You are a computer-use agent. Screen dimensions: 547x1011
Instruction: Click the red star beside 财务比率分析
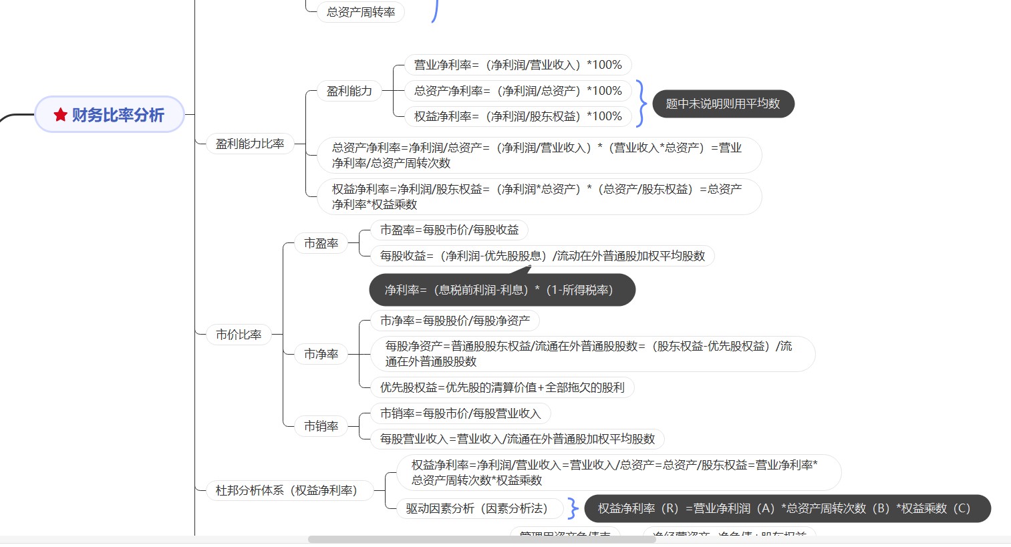(x=61, y=115)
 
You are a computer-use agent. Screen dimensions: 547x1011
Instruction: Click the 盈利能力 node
(x=349, y=91)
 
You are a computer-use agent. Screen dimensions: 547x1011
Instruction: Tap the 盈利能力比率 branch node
(x=250, y=144)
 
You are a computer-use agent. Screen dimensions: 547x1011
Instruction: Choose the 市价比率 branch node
(x=239, y=335)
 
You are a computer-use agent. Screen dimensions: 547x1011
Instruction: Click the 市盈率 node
(x=321, y=243)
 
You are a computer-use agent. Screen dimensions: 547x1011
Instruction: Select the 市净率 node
(x=321, y=354)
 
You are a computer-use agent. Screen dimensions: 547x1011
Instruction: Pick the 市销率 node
(x=321, y=426)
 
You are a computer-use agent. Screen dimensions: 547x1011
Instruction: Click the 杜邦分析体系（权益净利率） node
(x=287, y=490)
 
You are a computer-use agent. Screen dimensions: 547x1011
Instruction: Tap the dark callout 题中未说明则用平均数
(x=723, y=104)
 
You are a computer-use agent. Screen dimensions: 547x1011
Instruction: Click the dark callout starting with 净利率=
(x=502, y=290)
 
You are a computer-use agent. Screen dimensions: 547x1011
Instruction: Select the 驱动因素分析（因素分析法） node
(x=476, y=508)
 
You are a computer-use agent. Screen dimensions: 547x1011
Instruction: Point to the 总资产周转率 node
(x=361, y=12)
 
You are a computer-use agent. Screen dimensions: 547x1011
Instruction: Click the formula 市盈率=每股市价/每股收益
(x=449, y=230)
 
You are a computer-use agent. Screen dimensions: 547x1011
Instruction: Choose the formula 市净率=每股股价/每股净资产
(x=455, y=321)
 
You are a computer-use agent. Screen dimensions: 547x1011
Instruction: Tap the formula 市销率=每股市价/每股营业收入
(x=460, y=413)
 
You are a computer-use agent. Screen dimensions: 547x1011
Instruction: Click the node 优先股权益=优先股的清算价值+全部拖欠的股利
(x=502, y=387)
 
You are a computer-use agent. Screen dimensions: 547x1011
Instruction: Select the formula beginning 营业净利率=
(x=518, y=65)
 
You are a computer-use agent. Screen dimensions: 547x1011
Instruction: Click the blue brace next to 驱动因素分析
(x=573, y=508)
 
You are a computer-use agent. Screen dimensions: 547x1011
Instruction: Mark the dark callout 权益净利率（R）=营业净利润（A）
(x=787, y=508)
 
